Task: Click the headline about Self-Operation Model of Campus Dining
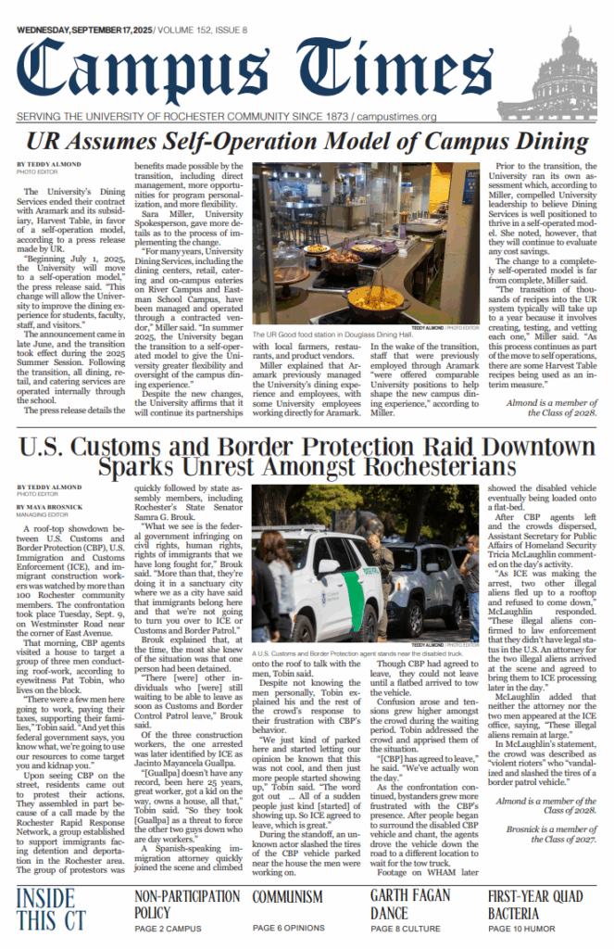click(x=307, y=142)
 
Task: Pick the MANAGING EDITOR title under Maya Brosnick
click(x=41, y=516)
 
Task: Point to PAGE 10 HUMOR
click(x=523, y=929)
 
